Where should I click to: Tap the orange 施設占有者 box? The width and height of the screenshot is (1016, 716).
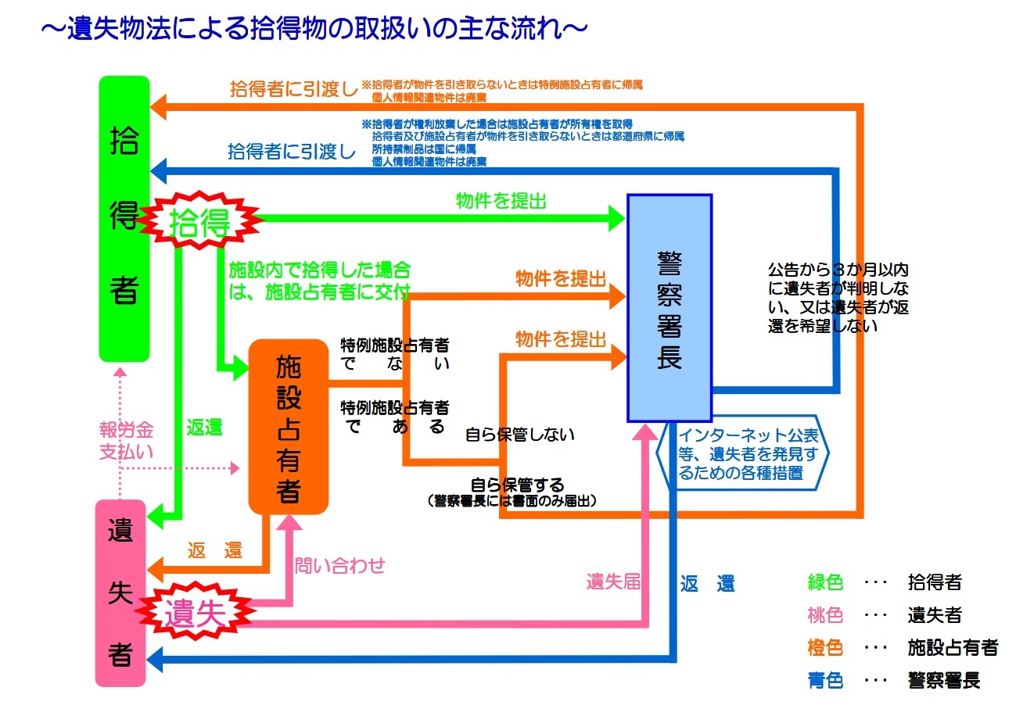pos(288,426)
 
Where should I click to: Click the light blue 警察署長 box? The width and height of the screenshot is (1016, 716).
pos(670,307)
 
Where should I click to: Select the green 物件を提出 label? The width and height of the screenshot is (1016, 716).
pos(501,201)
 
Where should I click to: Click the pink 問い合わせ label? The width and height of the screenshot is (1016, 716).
pos(339,565)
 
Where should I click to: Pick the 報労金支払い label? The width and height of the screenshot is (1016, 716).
pos(126,440)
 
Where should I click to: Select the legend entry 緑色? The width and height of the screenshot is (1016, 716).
pos(825,582)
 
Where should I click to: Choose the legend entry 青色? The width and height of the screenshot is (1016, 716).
pos(825,681)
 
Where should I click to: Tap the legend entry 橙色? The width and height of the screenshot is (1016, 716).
pos(825,648)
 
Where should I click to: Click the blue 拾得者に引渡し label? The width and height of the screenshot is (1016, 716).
pos(291,151)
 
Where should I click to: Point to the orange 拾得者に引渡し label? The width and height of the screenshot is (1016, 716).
pos(293,88)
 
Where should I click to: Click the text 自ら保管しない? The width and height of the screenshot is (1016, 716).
pos(520,435)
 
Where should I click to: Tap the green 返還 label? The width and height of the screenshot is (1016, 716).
pos(204,428)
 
